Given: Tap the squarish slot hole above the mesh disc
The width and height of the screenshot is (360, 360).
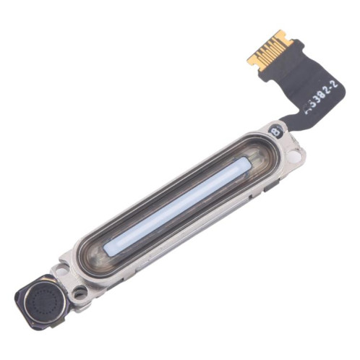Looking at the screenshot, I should pyautogui.click(x=61, y=270).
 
